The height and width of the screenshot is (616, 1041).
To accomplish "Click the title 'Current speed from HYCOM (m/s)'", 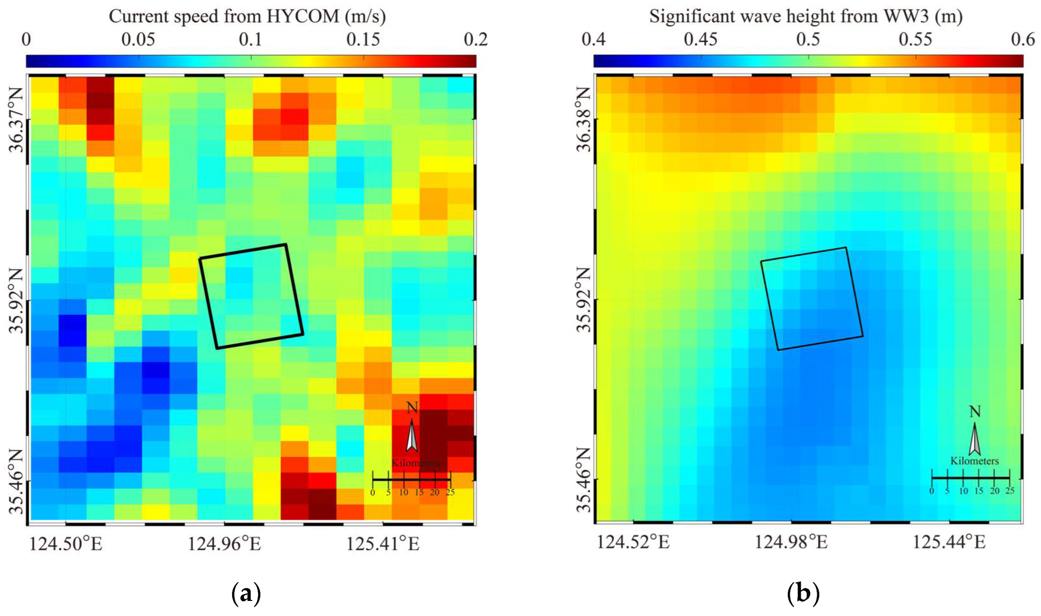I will coord(247,16).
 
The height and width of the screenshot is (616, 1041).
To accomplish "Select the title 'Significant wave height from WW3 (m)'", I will coord(806,16).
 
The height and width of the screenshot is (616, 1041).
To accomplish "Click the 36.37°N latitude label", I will coord(17,120).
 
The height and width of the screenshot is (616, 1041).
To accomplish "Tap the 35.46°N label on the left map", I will coord(17,481).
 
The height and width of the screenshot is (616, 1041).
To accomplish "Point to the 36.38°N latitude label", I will coord(585,120).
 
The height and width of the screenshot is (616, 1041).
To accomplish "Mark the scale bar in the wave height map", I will coord(971,478).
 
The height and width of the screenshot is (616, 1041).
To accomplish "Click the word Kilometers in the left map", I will coord(416,463).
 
